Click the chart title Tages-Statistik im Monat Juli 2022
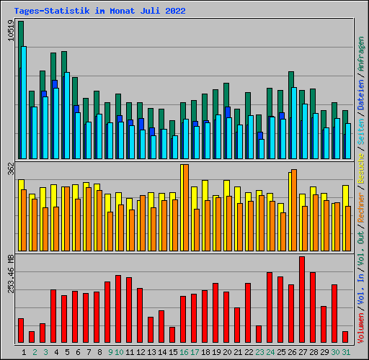point(99,11)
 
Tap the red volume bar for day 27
point(302,300)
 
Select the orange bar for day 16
point(186,207)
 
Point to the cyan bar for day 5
point(67,115)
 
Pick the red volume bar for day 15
point(172,335)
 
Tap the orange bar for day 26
point(294,210)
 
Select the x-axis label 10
point(119,352)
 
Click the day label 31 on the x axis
point(346,352)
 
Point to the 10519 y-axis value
point(11,30)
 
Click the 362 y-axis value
point(11,168)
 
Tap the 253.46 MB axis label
point(11,274)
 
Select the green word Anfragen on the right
point(361,53)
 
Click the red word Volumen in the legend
point(361,328)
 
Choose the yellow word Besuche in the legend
point(361,168)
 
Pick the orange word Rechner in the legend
point(361,208)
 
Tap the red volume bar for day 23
point(259,334)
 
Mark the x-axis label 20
point(227,352)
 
